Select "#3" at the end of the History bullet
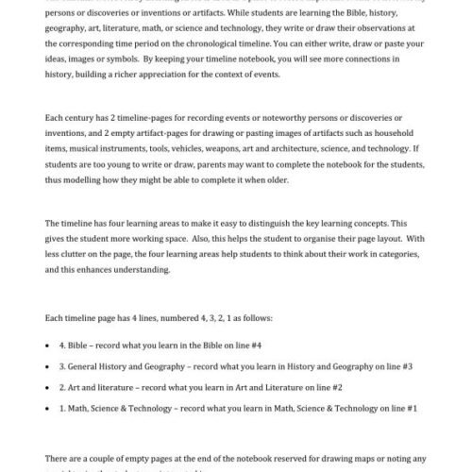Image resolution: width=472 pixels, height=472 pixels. pyautogui.click(x=406, y=365)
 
